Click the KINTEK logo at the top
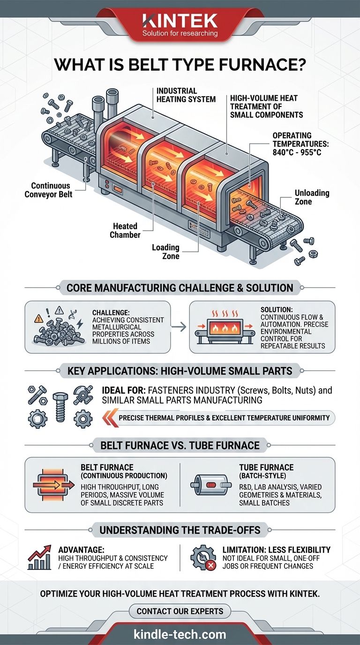180,21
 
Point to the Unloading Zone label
312,197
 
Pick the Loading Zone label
165,251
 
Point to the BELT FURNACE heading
107,467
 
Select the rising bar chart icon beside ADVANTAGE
39,558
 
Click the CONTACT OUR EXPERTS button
180,611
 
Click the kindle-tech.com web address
180,635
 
